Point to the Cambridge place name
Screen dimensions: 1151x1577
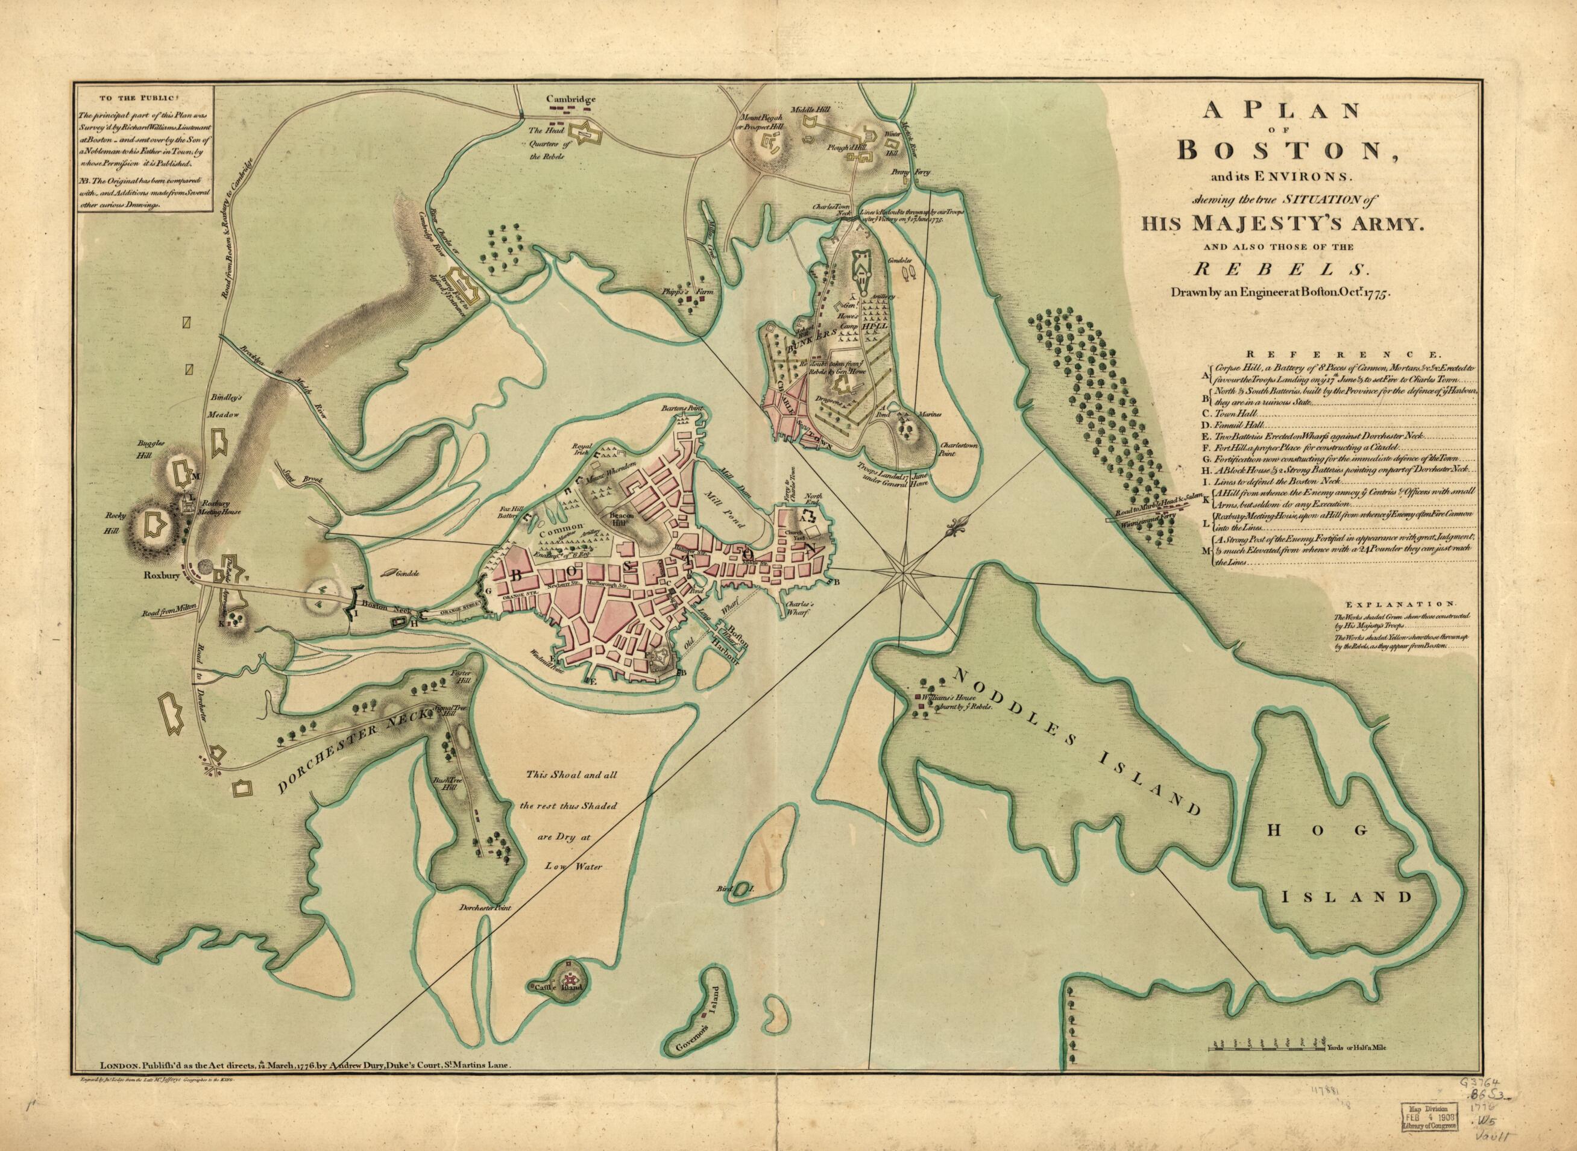pyautogui.click(x=571, y=99)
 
